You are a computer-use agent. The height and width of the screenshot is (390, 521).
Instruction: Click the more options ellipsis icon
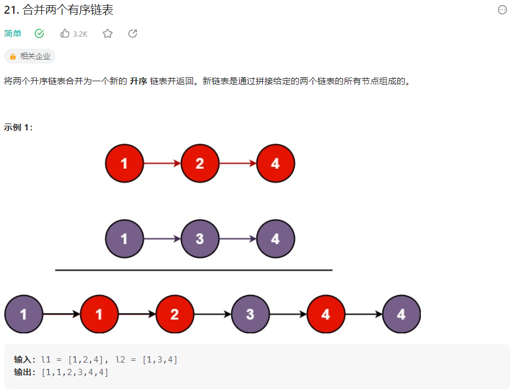coord(502,10)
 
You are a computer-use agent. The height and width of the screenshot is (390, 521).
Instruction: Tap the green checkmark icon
coord(40,34)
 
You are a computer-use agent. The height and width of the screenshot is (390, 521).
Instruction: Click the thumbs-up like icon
coord(65,34)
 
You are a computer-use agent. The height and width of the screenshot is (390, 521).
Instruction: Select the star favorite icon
coord(108,34)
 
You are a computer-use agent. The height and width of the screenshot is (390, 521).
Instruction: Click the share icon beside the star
coord(133,34)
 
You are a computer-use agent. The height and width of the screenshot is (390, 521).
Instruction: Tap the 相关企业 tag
coord(30,56)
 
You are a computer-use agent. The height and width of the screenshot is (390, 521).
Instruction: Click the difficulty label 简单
coord(13,34)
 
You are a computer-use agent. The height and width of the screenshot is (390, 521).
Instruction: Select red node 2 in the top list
coord(200,164)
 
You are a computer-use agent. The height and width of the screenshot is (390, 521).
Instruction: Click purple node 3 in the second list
coord(200,238)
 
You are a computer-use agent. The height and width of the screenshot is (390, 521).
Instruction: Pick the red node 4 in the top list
coord(275,164)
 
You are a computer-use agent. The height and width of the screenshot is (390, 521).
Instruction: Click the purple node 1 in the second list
coord(124,238)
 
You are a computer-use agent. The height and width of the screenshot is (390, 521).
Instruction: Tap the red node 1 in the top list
coord(124,164)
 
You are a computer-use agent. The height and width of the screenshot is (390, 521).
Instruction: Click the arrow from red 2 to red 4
coord(238,164)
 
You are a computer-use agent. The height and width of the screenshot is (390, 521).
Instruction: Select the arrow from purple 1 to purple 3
coord(162,238)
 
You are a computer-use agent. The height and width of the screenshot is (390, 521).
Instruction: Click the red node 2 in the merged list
coord(175,314)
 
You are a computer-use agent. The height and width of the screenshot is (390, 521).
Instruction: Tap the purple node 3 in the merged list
coord(250,314)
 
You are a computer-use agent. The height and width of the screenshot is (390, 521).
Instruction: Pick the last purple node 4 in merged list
coord(401,314)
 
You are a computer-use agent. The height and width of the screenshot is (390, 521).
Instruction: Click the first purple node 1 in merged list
coord(23,314)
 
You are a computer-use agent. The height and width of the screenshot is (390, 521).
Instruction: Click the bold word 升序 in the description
coord(139,81)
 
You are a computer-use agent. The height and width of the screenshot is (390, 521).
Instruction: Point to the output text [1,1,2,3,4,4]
coord(74,372)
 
